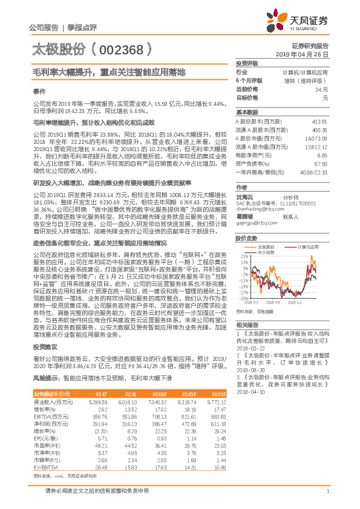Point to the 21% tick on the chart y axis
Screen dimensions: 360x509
[244, 257]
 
